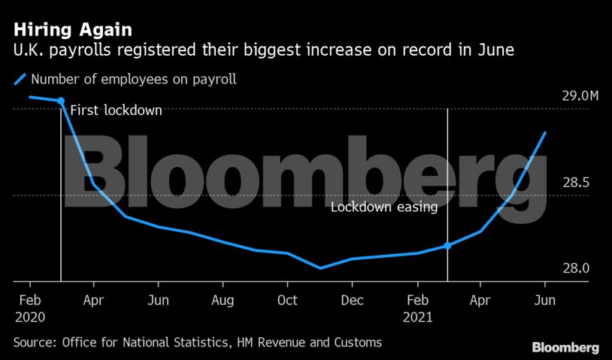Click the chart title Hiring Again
(74, 31)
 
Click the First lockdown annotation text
(116, 110)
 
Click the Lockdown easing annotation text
(384, 207)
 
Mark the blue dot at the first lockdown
(61, 101)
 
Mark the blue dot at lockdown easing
(448, 246)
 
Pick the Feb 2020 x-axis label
(30, 308)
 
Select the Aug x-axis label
(223, 300)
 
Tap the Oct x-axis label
(287, 300)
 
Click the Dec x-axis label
(352, 300)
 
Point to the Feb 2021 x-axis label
(418, 308)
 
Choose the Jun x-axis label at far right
(545, 300)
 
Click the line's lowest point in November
(320, 268)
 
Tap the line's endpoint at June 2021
(545, 132)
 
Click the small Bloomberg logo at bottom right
(565, 348)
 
